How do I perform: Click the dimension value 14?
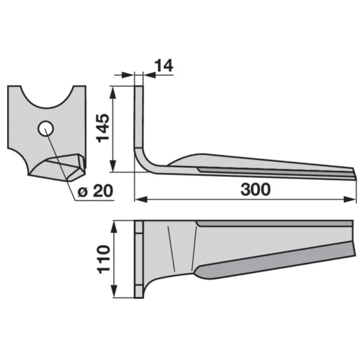(x=164, y=65)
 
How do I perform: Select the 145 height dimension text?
(x=103, y=128)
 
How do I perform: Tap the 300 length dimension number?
(x=256, y=190)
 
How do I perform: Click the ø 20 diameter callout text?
(x=95, y=191)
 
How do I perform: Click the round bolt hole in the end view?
(x=46, y=128)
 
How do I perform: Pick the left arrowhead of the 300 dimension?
(x=140, y=200)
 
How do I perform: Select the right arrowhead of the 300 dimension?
(x=350, y=200)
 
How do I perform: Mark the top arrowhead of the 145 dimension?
(x=113, y=92)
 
